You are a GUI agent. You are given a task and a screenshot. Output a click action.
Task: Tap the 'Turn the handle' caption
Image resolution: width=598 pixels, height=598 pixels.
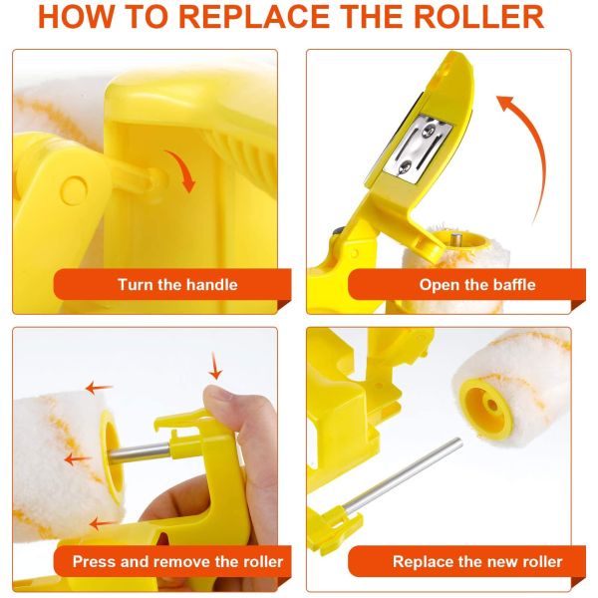pos(177,285)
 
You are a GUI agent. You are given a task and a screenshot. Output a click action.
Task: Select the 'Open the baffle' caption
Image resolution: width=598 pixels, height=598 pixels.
pos(477,285)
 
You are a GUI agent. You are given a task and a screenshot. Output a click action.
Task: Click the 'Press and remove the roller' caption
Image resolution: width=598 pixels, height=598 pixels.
pos(177,562)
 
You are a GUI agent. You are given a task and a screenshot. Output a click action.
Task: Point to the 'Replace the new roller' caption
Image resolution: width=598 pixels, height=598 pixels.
pos(477,562)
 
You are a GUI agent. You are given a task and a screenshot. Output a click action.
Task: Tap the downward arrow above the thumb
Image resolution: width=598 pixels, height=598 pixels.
pos(215,366)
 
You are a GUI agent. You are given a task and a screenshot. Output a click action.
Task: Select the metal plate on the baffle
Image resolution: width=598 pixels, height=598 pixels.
pos(418,147)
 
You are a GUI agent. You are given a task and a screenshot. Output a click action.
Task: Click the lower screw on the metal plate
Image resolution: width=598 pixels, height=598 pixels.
pos(405,167)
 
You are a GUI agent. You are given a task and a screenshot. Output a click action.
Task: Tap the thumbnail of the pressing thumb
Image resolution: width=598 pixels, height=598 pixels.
pos(217,393)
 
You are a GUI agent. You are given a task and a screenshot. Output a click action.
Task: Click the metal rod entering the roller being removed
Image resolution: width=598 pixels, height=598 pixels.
pos(139,452)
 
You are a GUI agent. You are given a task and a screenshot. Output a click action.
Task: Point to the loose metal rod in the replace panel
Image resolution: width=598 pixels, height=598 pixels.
pos(403,475)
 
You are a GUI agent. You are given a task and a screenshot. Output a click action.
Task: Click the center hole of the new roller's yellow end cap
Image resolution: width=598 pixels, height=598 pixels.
pos(492,405)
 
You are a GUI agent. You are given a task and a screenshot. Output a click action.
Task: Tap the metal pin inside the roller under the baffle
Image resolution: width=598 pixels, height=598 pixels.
pos(455,240)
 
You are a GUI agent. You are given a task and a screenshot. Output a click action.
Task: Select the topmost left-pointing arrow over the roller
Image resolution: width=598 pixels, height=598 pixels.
pos(99,389)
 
